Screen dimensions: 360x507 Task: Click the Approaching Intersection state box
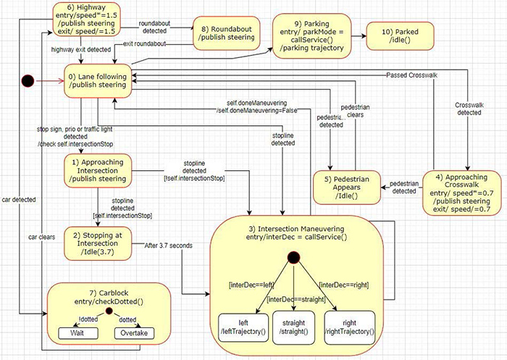point(99,169)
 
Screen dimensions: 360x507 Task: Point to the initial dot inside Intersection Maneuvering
point(293,258)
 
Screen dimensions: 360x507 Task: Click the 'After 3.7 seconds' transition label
point(168,246)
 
